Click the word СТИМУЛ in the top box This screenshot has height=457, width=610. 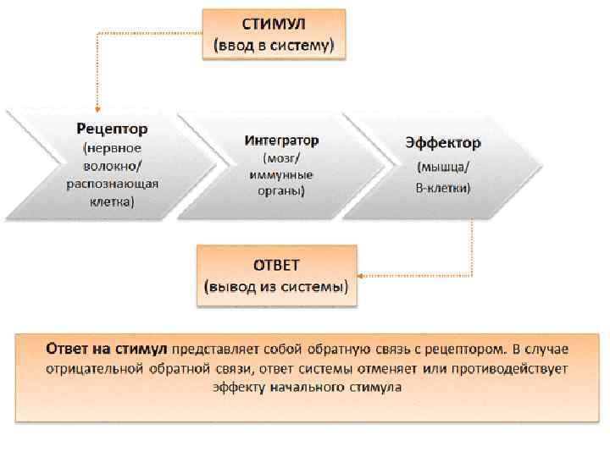pyautogui.click(x=274, y=25)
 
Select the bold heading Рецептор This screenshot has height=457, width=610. pyautogui.click(x=112, y=129)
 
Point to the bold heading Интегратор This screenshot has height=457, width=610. pyautogui.click(x=281, y=140)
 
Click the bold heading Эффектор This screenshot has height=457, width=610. pyautogui.click(x=442, y=143)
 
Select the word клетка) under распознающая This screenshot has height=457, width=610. pyautogui.click(x=112, y=202)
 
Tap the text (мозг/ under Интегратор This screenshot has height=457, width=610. pyautogui.click(x=281, y=157)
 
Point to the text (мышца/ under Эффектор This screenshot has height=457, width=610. pyautogui.click(x=442, y=166)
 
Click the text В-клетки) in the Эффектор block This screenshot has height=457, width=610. pyautogui.click(x=442, y=186)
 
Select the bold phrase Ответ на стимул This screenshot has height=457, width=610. pyautogui.click(x=106, y=349)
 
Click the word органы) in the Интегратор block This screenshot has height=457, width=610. pyautogui.click(x=281, y=191)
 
